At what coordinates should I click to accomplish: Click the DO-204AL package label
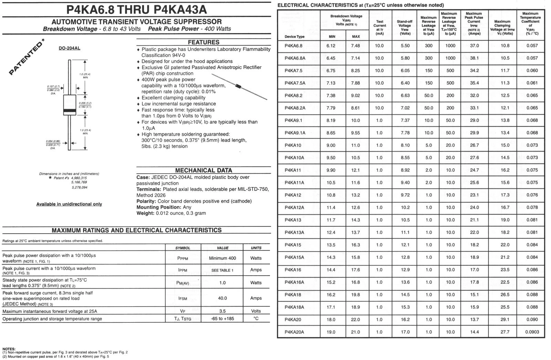pos(69,48)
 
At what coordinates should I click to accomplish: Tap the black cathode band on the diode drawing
pos(70,111)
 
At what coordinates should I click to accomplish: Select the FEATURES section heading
pos(204,42)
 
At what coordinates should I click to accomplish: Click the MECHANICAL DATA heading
pos(204,170)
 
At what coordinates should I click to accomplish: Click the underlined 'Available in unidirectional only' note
pos(69,204)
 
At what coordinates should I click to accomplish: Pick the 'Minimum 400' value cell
pos(222,258)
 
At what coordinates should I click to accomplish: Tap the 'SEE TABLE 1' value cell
pos(222,270)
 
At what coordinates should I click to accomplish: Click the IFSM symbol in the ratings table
pos(183,298)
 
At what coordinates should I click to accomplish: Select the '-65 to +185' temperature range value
pos(222,319)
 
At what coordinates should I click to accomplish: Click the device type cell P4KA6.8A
pos(295,58)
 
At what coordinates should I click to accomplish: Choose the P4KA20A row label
pos(294,332)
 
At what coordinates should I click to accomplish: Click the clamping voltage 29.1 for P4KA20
pos(505,320)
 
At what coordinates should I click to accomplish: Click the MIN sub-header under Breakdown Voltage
pos(332,37)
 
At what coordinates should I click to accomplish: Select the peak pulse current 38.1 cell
pos(474,58)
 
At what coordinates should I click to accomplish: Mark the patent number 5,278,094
pos(80,187)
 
